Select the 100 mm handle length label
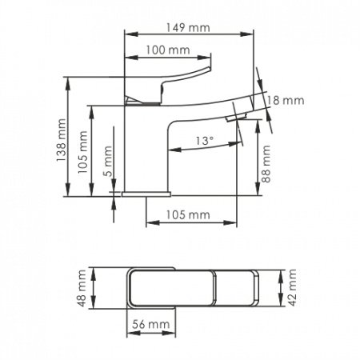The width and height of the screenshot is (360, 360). coord(168,50)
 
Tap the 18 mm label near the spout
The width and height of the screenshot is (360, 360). coord(286,101)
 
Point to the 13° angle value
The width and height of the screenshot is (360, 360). coord(205,142)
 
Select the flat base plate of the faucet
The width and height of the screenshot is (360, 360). coord(146,192)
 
